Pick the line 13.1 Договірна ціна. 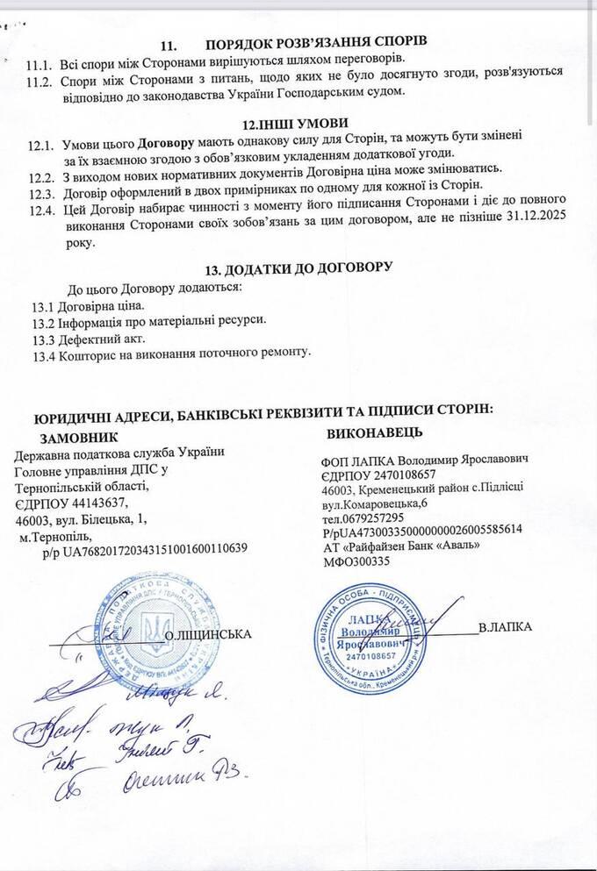(x=87, y=306)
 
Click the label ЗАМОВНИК (x=80, y=435)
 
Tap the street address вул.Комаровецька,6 (x=376, y=503)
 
